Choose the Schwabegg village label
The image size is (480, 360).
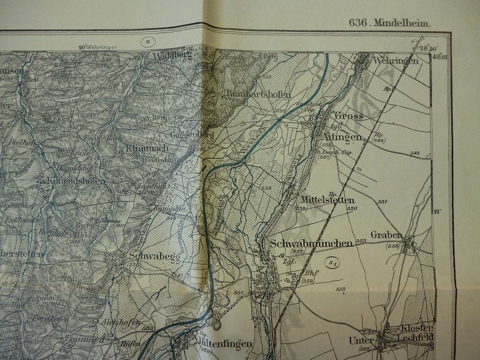click(149, 256)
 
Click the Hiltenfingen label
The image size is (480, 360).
click(225, 344)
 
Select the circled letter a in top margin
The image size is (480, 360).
click(148, 42)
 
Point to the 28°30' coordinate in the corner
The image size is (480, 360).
click(427, 47)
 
